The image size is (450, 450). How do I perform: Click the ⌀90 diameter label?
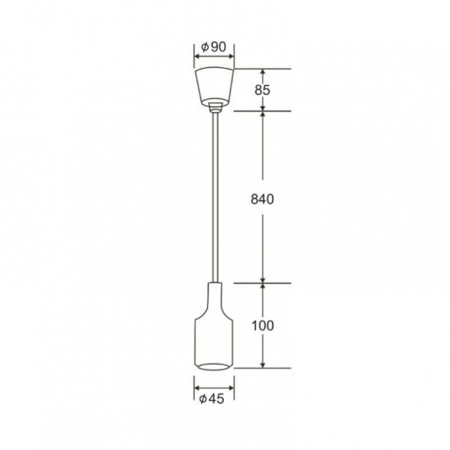[214, 47]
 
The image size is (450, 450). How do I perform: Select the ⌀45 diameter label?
[212, 399]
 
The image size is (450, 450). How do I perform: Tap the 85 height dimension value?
[263, 90]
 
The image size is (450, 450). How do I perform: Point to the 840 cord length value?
[263, 199]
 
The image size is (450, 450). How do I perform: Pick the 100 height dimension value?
[263, 326]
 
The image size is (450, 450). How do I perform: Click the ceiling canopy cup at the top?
[214, 87]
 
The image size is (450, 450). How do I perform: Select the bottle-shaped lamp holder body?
[214, 326]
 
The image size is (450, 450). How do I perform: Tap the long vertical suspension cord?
[215, 197]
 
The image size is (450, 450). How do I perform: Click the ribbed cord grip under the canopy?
[215, 107]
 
